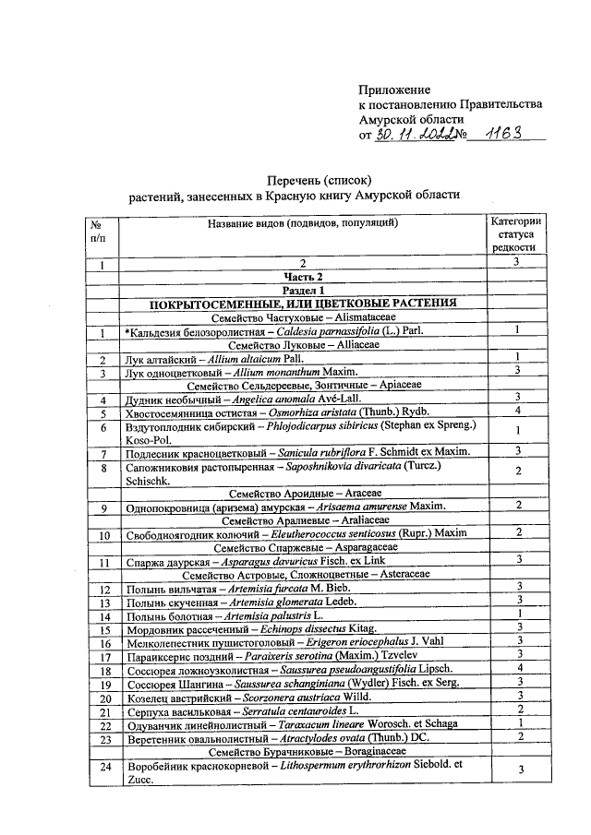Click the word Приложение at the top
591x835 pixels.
[x=394, y=89]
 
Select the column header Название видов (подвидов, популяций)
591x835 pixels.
[x=303, y=223]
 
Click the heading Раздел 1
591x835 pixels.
[x=303, y=290]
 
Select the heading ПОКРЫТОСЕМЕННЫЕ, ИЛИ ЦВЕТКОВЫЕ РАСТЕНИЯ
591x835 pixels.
[x=303, y=304]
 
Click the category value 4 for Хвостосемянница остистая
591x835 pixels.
[x=519, y=411]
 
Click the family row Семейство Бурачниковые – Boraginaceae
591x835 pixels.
[x=303, y=753]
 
